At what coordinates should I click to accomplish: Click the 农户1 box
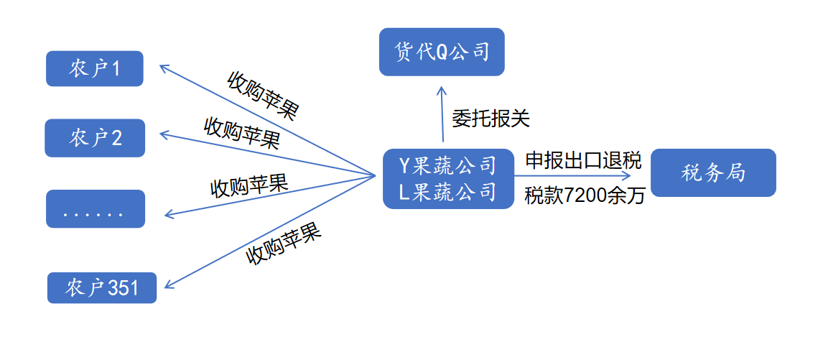[x=95, y=69]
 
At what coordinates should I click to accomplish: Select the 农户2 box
[x=95, y=138]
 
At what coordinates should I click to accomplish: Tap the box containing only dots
[x=95, y=209]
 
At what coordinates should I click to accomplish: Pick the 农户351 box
[x=101, y=288]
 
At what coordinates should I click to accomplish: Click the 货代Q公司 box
[x=442, y=52]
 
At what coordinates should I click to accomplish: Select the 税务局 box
[x=713, y=173]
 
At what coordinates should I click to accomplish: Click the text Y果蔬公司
[x=448, y=166]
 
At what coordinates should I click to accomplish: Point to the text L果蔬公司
[x=448, y=192]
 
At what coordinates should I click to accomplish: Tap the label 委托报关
[x=490, y=118]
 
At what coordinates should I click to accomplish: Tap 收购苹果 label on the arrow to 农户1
[x=262, y=95]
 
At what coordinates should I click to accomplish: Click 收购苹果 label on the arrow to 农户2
[x=242, y=133]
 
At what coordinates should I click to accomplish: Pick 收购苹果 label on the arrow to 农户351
[x=283, y=245]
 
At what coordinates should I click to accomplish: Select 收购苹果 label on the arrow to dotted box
[x=248, y=185]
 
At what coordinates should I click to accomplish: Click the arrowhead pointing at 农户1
[x=163, y=68]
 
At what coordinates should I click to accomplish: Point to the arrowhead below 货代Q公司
[x=442, y=89]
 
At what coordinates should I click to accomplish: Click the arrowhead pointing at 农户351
[x=168, y=286]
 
